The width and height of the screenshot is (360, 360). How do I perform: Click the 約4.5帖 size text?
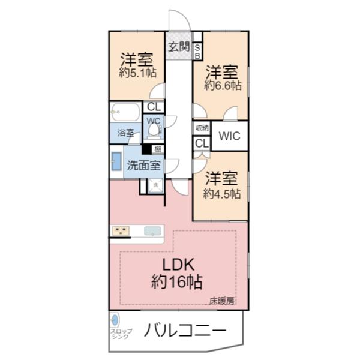(x=221, y=194)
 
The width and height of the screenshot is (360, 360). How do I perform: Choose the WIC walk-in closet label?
(x=229, y=136)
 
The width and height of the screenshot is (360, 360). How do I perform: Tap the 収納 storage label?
(x=201, y=128)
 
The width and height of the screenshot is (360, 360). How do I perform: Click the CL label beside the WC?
(x=154, y=107)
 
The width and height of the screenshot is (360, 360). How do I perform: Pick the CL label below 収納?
(x=201, y=144)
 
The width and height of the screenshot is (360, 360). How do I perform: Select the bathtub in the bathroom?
(x=125, y=112)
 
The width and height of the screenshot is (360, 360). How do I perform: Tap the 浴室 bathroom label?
(x=125, y=133)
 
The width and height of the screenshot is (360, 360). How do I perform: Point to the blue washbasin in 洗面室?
(x=116, y=163)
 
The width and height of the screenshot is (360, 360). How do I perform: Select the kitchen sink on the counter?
(x=153, y=230)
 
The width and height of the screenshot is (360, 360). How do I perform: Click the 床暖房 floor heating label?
(x=221, y=301)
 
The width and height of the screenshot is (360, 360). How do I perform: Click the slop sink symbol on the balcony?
(x=116, y=319)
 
